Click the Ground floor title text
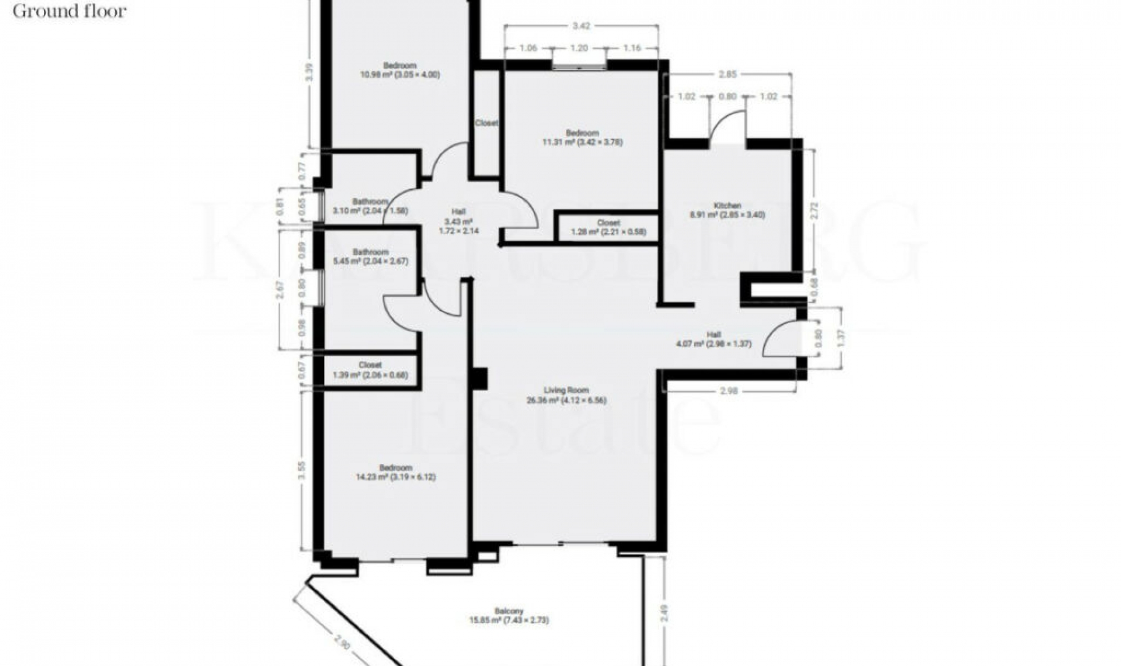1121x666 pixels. click(x=69, y=11)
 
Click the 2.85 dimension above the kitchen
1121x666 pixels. click(x=728, y=74)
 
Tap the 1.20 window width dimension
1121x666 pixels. click(x=579, y=48)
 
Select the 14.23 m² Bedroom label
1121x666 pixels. click(x=396, y=473)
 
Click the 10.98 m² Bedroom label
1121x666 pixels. click(x=400, y=70)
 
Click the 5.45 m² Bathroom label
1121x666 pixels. click(x=370, y=257)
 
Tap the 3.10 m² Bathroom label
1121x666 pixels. click(x=370, y=206)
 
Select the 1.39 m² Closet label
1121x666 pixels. click(x=370, y=370)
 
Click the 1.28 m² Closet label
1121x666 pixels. click(x=608, y=228)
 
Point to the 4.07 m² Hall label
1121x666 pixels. click(x=713, y=339)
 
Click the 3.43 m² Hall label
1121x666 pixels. click(x=458, y=221)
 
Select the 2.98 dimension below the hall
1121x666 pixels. click(x=729, y=391)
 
